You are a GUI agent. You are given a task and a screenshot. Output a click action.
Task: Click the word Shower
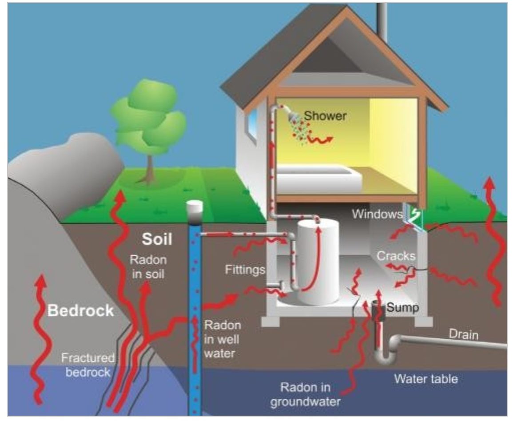tap(325, 116)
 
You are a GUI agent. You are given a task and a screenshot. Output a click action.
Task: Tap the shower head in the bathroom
tap(293, 117)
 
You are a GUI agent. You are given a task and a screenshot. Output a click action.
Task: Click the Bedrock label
tap(80, 310)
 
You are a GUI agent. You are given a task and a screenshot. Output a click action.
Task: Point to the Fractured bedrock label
tap(88, 365)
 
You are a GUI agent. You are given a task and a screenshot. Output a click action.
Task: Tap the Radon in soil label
tap(148, 267)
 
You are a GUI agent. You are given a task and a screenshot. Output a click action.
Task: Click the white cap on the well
tap(195, 207)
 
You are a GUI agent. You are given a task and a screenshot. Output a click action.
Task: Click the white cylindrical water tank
tap(317, 262)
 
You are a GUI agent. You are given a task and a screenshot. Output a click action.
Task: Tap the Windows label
tap(377, 214)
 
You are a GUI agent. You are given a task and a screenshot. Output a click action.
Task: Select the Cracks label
tap(396, 256)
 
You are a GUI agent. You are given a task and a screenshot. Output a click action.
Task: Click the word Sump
tap(402, 307)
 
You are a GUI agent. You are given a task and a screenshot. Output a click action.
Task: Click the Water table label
tap(426, 379)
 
